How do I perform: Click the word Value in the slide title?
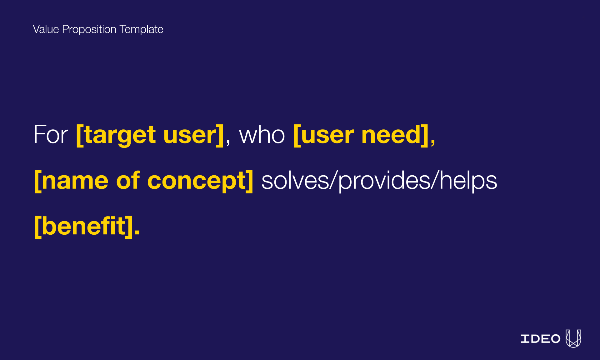[x=46, y=29]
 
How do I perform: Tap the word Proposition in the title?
[x=89, y=29]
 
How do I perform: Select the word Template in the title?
[x=141, y=29]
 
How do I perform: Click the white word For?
[x=51, y=135]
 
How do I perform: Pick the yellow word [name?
[x=71, y=181]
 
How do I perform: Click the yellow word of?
[x=128, y=181]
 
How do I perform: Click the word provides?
[x=384, y=181]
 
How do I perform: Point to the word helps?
[x=468, y=181]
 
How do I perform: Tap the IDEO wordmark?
[x=540, y=339]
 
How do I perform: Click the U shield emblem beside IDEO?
[x=573, y=338]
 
